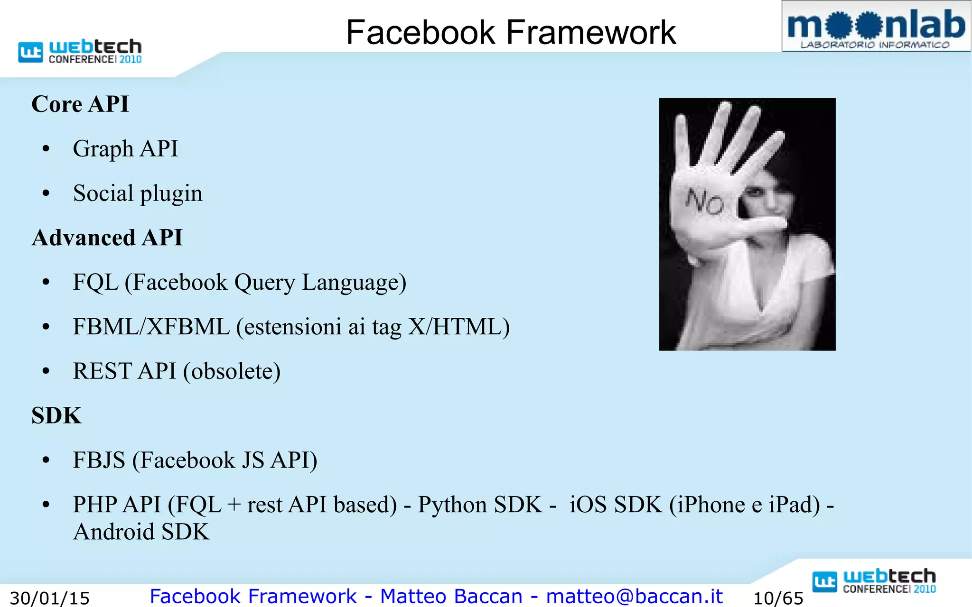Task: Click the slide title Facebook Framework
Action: [511, 32]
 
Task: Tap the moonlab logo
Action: [876, 27]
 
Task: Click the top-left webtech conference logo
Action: [80, 51]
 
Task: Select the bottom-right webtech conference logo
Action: [874, 581]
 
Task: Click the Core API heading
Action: [80, 104]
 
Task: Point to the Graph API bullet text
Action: [125, 148]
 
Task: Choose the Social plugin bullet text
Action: [138, 193]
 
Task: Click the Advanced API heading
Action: [107, 238]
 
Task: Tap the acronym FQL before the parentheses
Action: [95, 282]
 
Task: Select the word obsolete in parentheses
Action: [232, 371]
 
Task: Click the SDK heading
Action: [56, 415]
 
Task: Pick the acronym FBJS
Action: [99, 460]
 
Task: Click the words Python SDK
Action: [479, 505]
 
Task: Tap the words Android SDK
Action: [141, 532]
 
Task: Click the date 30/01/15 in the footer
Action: [50, 598]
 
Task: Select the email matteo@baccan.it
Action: [634, 596]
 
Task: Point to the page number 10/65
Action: [778, 598]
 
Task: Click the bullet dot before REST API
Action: [46, 371]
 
